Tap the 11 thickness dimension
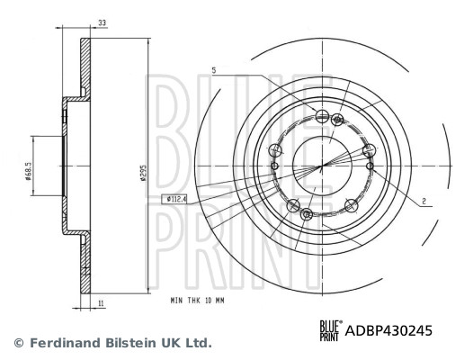[x=101, y=305]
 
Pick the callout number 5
[x=214, y=69]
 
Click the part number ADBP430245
[x=388, y=330]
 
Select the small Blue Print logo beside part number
[x=328, y=330]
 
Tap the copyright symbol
[x=17, y=343]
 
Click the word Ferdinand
[x=65, y=343]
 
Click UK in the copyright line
[x=173, y=343]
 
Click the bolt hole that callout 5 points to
[x=324, y=113]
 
